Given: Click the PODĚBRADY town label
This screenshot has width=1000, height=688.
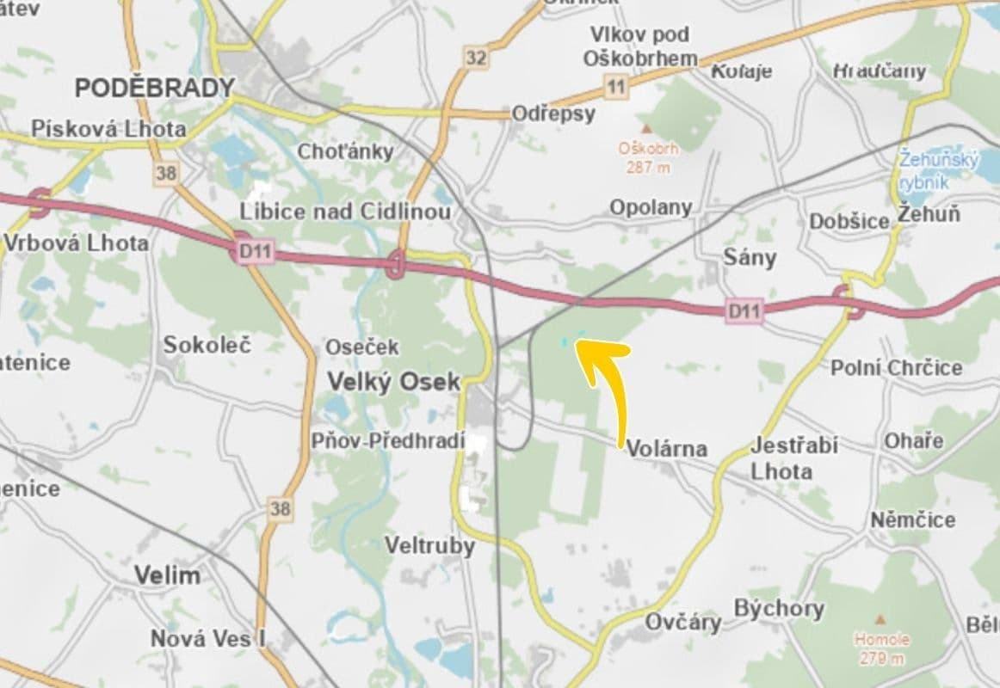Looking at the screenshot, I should [155, 88].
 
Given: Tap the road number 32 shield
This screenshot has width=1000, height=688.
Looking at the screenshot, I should [475, 58].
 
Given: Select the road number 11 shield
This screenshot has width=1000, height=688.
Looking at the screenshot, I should [615, 86].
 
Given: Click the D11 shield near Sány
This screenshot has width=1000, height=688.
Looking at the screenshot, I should [744, 310].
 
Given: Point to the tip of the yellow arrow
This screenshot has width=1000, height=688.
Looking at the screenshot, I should [577, 343].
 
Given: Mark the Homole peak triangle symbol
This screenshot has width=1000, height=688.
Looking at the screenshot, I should [880, 619].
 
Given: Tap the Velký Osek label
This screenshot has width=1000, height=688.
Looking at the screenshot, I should [394, 382].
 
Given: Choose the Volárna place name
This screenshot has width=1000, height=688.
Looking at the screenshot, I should [666, 448].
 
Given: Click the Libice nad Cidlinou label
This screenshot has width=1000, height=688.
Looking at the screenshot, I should [345, 212].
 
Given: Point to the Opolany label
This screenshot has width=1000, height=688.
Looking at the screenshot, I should [651, 207].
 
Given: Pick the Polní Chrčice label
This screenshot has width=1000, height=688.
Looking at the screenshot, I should [896, 368].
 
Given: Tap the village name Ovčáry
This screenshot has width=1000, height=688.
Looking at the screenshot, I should [682, 622].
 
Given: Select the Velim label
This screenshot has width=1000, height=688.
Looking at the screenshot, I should [167, 575].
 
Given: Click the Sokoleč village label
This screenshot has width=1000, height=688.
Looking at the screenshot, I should [207, 345].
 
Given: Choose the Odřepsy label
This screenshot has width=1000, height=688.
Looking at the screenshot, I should [553, 114].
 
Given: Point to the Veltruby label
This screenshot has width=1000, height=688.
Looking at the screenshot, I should [429, 545].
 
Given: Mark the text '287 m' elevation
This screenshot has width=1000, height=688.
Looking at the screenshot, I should [648, 167].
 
